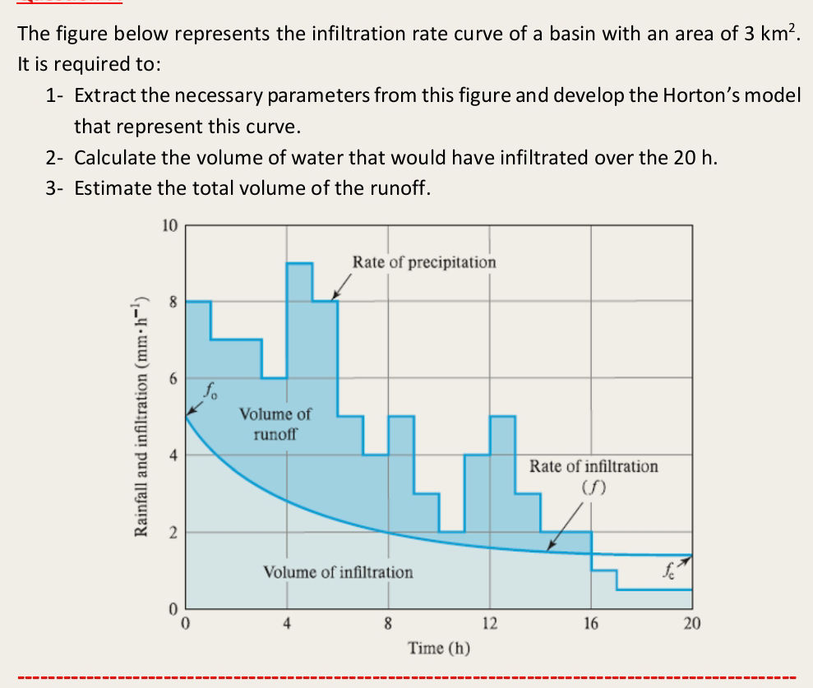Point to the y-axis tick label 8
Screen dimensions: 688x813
point(172,302)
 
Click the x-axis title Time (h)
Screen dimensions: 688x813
point(438,648)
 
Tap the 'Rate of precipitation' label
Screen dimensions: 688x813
point(424,262)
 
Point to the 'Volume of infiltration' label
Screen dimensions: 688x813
point(338,571)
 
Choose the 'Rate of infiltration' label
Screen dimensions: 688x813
point(594,467)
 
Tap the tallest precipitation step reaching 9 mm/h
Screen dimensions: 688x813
point(299,271)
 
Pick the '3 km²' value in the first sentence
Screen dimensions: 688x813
point(769,34)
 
